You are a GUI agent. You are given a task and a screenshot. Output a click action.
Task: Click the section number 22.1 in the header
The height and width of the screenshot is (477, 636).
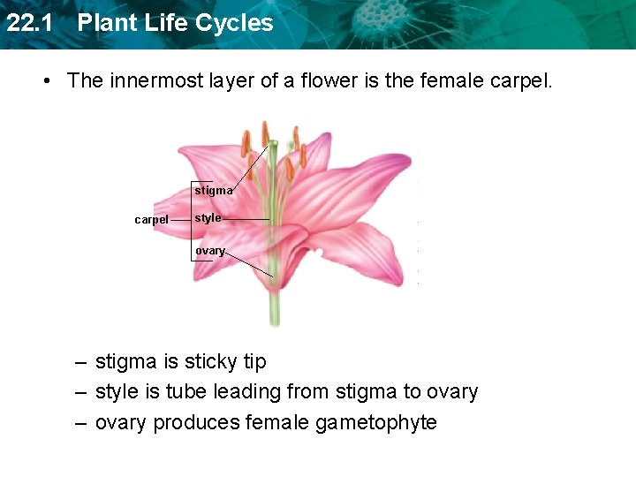(26, 23)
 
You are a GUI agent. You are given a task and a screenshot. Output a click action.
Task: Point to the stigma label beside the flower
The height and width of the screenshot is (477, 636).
(214, 190)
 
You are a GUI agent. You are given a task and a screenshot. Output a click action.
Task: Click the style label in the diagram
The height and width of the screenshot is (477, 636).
(208, 218)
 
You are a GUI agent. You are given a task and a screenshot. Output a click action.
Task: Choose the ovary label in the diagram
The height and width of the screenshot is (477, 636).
(209, 251)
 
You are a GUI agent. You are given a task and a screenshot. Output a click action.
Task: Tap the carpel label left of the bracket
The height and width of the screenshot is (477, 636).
(151, 220)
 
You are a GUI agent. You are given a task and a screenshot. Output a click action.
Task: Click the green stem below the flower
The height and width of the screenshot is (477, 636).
(275, 309)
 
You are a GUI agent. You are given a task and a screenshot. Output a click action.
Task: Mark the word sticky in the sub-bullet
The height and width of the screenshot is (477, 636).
(211, 362)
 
